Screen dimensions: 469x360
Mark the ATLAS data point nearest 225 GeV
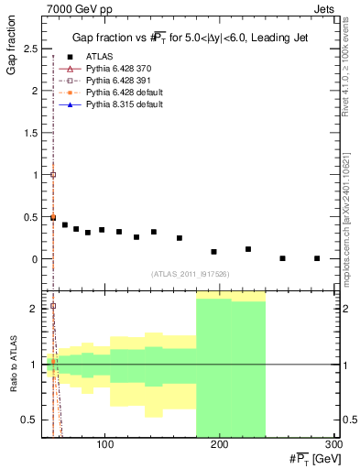pos(248,249)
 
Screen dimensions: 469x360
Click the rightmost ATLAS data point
pos(317,258)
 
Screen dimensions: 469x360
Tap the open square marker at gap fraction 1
pos(53,174)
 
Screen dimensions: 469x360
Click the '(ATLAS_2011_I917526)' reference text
pos(190,274)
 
